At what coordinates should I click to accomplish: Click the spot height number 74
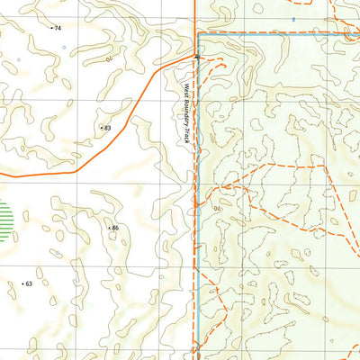pyautogui.click(x=58, y=29)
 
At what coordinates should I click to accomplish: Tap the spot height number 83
pyautogui.click(x=106, y=129)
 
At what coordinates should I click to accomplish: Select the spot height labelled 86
pyautogui.click(x=115, y=229)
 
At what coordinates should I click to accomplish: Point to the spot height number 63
pyautogui.click(x=29, y=283)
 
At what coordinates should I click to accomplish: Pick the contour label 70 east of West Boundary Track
pyautogui.click(x=217, y=206)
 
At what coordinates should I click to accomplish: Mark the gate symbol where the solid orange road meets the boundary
pyautogui.click(x=197, y=57)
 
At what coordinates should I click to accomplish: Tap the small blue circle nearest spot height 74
pyautogui.click(x=76, y=46)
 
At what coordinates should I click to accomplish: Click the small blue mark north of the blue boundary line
pyautogui.click(x=292, y=18)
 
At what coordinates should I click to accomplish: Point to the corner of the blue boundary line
pyautogui.click(x=196, y=34)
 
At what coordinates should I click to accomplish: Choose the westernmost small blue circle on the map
pyautogui.click(x=18, y=60)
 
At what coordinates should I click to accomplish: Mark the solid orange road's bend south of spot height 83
pyautogui.click(x=76, y=167)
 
